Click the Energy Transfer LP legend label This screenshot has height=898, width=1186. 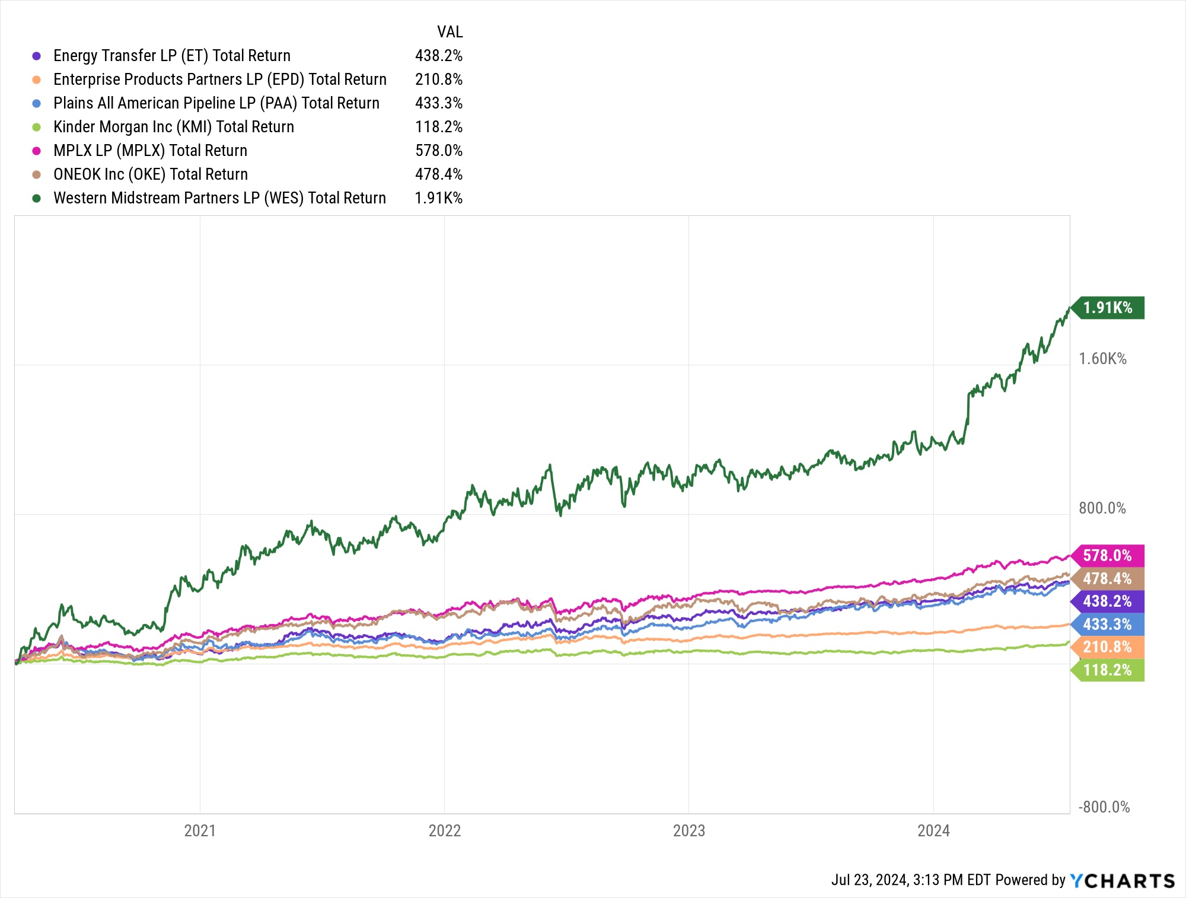172,56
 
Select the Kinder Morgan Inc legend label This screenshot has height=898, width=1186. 174,127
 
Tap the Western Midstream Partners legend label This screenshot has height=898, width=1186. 219,198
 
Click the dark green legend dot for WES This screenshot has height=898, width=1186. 37,198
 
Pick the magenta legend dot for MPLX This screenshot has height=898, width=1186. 37,151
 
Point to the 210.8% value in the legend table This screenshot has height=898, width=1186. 438,79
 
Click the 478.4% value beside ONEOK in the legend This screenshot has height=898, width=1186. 438,174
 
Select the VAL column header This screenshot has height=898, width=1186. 449,32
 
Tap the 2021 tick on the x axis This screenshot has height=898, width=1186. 200,830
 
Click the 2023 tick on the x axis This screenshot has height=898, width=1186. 688,830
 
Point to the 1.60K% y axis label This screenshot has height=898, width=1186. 1102,359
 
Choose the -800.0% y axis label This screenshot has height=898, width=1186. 1104,807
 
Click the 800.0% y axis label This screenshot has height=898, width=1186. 1102,508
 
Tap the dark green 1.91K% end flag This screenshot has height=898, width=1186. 1108,308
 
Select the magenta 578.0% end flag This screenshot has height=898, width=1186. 1108,556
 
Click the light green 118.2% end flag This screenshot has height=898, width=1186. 1108,670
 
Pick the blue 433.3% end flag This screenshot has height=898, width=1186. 1108,625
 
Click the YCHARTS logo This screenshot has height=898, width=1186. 1123,881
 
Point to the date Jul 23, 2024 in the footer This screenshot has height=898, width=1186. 869,880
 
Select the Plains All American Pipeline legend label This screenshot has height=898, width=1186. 216,103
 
